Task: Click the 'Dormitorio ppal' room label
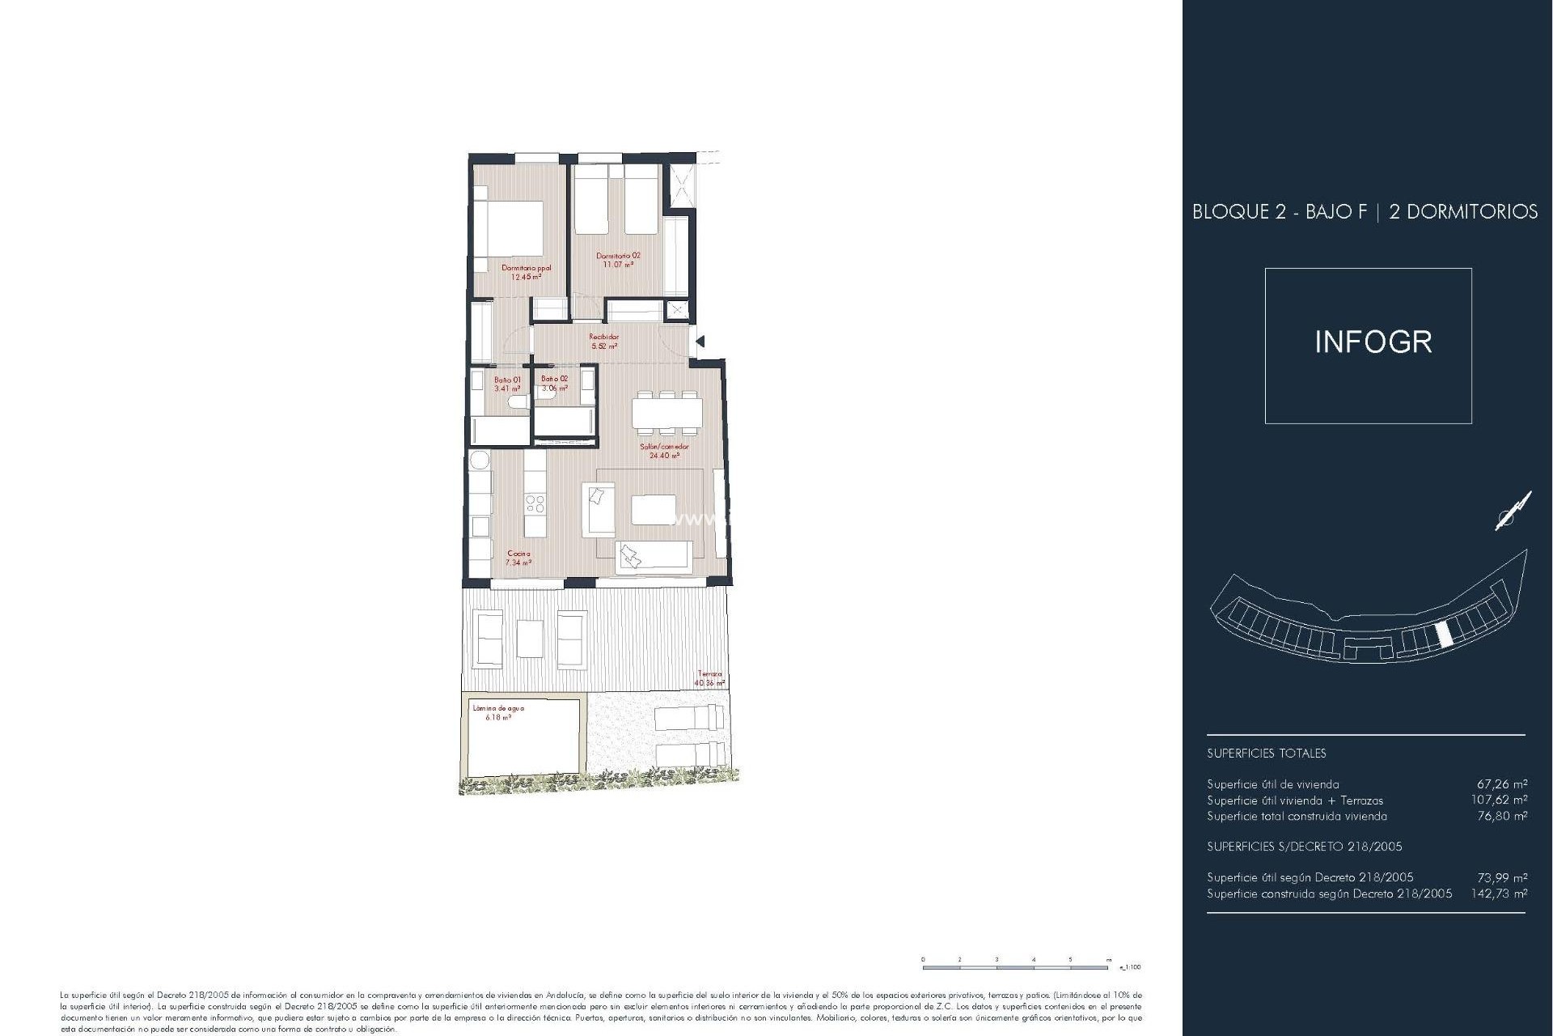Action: (x=526, y=268)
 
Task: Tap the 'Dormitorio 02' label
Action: (x=618, y=256)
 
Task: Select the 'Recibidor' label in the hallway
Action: (x=603, y=337)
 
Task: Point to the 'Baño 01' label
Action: (x=507, y=380)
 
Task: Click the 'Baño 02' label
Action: (x=555, y=379)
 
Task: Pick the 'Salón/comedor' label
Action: (x=664, y=447)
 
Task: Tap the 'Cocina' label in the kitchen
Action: (x=518, y=554)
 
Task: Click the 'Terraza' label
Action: (x=709, y=674)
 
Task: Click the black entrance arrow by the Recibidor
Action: (x=700, y=342)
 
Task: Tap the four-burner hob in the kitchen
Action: (x=535, y=503)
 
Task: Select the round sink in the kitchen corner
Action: (x=480, y=461)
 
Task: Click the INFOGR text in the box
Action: (x=1373, y=342)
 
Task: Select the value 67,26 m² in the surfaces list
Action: (x=1502, y=783)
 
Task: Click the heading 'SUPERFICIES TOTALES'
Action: (x=1266, y=753)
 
